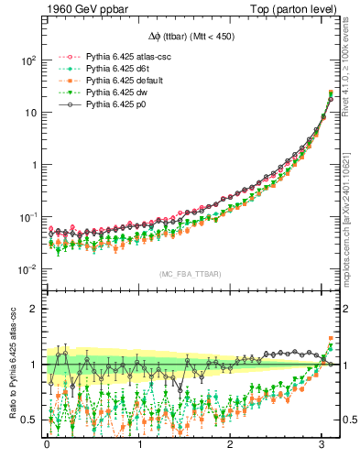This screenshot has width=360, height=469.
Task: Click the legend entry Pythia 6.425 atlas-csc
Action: [x=116, y=56]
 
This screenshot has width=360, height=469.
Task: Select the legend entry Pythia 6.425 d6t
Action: [x=109, y=68]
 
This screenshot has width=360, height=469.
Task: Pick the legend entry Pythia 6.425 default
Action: [x=113, y=80]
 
